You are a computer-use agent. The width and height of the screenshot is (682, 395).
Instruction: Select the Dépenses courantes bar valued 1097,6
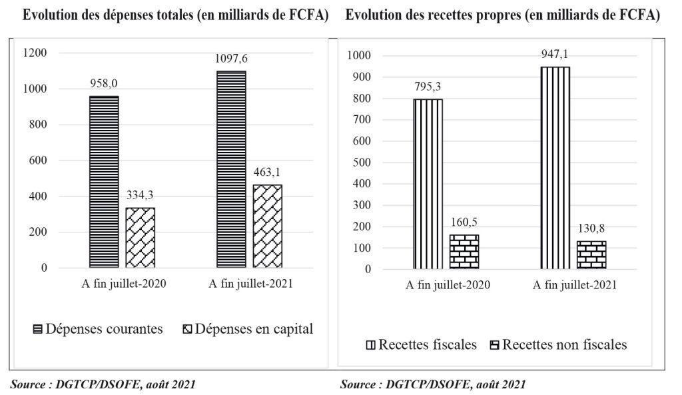[x=230, y=169]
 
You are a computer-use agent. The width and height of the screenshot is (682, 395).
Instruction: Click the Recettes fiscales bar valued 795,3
[x=428, y=184]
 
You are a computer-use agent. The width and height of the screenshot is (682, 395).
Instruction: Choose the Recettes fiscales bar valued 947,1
[x=555, y=168]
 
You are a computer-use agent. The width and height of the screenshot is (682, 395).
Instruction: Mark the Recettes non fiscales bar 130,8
[x=591, y=255]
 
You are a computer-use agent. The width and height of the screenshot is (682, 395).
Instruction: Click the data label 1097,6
[x=230, y=59]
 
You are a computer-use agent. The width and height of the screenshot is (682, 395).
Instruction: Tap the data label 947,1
[x=555, y=54]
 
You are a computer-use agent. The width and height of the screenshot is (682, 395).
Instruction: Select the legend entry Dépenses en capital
[x=248, y=329]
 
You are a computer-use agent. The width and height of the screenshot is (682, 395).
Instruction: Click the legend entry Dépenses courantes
[x=97, y=329]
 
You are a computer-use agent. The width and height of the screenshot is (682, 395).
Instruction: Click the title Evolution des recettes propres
[x=502, y=17]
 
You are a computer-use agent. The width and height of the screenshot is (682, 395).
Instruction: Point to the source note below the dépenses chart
[x=103, y=384]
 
